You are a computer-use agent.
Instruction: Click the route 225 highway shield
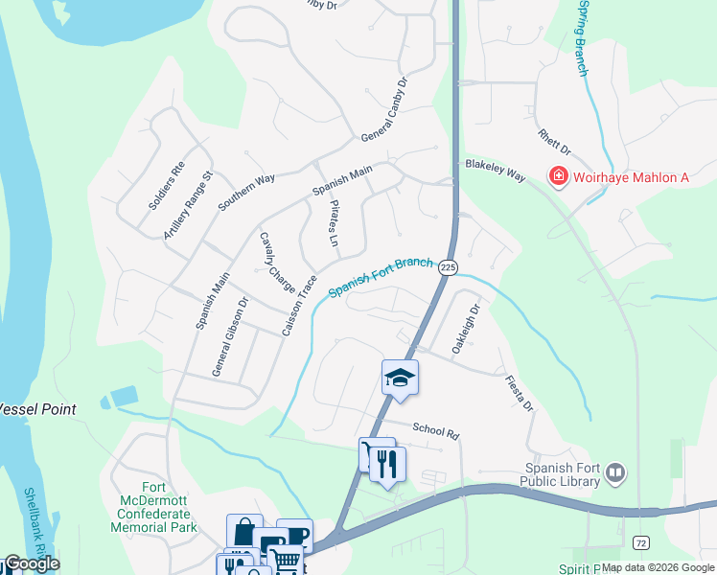(x=448, y=269)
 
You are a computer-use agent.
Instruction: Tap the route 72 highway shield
(x=639, y=543)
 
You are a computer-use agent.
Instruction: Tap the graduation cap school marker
(x=400, y=378)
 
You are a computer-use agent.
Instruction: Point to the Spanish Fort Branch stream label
(x=380, y=277)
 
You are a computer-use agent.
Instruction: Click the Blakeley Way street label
(x=495, y=171)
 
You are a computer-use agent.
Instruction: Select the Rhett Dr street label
(x=554, y=144)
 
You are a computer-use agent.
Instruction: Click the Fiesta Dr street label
(x=519, y=393)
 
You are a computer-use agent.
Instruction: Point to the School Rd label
(x=436, y=431)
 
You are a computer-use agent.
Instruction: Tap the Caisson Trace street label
(x=299, y=306)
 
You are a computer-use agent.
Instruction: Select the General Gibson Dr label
(x=230, y=336)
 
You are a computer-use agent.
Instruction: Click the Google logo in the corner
(x=31, y=563)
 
